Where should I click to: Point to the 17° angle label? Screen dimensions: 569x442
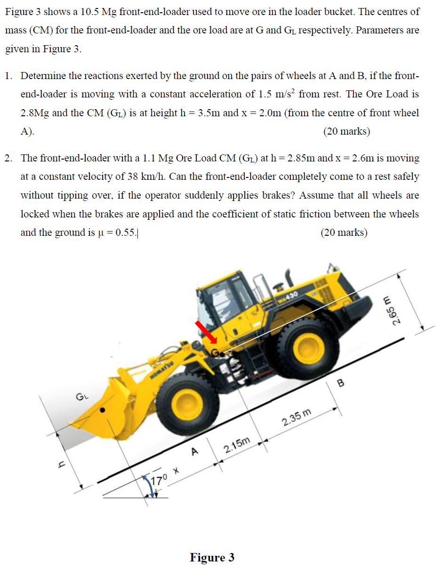pyautogui.click(x=160, y=481)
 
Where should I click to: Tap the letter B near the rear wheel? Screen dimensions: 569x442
pyautogui.click(x=341, y=384)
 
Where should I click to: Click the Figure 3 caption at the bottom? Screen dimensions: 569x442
pyautogui.click(x=212, y=558)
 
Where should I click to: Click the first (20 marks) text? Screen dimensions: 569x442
pyautogui.click(x=346, y=131)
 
